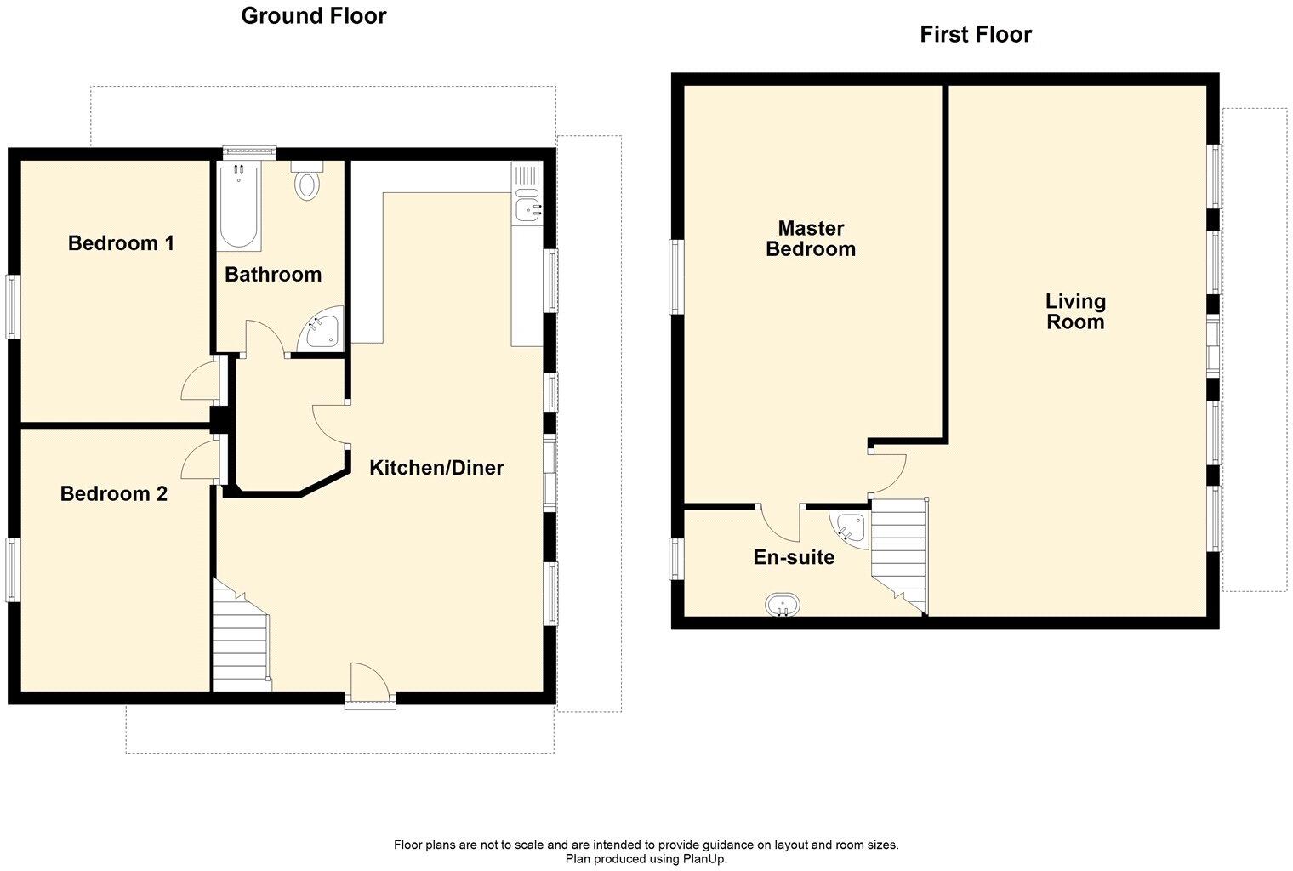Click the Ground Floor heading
(313, 15)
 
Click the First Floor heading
(975, 34)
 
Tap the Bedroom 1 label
(121, 243)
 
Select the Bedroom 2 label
(113, 493)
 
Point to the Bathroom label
(273, 274)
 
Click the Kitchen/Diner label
(436, 467)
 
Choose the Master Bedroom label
(811, 238)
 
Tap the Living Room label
(1075, 311)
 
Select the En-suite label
(794, 557)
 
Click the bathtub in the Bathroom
(239, 207)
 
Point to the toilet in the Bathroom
(306, 180)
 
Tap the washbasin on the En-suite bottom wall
(782, 605)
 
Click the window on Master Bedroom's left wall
(677, 276)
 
